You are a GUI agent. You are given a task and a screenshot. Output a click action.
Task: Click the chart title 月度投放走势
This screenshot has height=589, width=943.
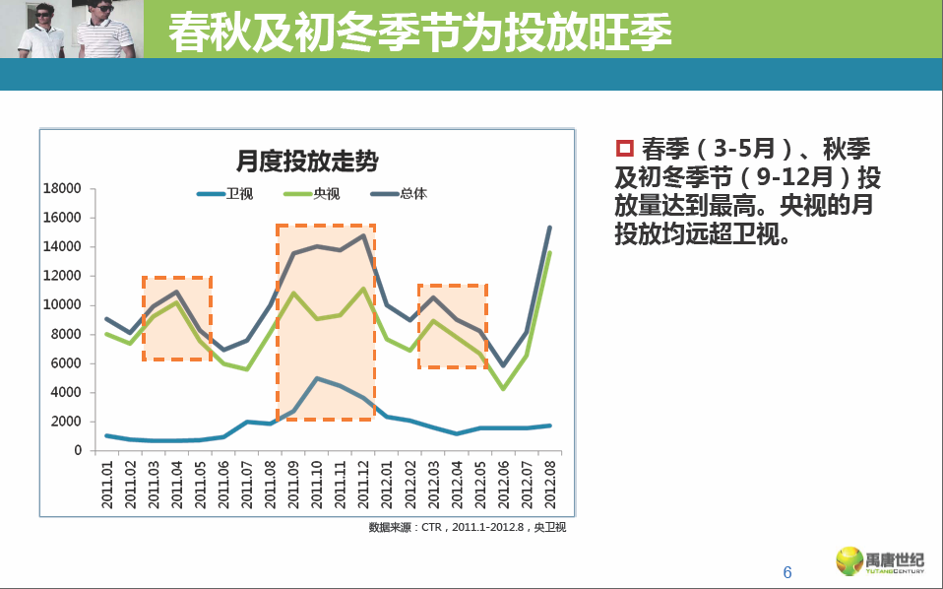[307, 161]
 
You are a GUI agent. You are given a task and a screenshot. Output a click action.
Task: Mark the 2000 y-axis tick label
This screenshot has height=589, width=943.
[69, 422]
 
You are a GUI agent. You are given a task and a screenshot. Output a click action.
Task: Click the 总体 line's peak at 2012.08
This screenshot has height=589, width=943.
[549, 228]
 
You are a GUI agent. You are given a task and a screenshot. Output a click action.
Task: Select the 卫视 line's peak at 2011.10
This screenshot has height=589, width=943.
[317, 378]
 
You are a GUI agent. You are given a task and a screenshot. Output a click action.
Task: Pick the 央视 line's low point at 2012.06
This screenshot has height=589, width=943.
[503, 389]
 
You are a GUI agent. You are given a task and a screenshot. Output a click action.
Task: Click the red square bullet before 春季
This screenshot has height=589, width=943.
[623, 149]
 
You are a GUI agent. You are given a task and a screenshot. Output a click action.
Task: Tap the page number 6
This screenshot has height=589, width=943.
[786, 573]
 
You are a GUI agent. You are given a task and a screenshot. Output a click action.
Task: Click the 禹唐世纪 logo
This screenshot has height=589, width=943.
[881, 561]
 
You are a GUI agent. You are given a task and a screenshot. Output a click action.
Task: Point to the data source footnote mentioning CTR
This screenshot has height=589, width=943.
[467, 528]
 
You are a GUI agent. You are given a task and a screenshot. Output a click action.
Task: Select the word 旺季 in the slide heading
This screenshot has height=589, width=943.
[633, 33]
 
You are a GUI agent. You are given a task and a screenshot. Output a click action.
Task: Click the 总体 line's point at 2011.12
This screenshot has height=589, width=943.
[363, 234]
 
